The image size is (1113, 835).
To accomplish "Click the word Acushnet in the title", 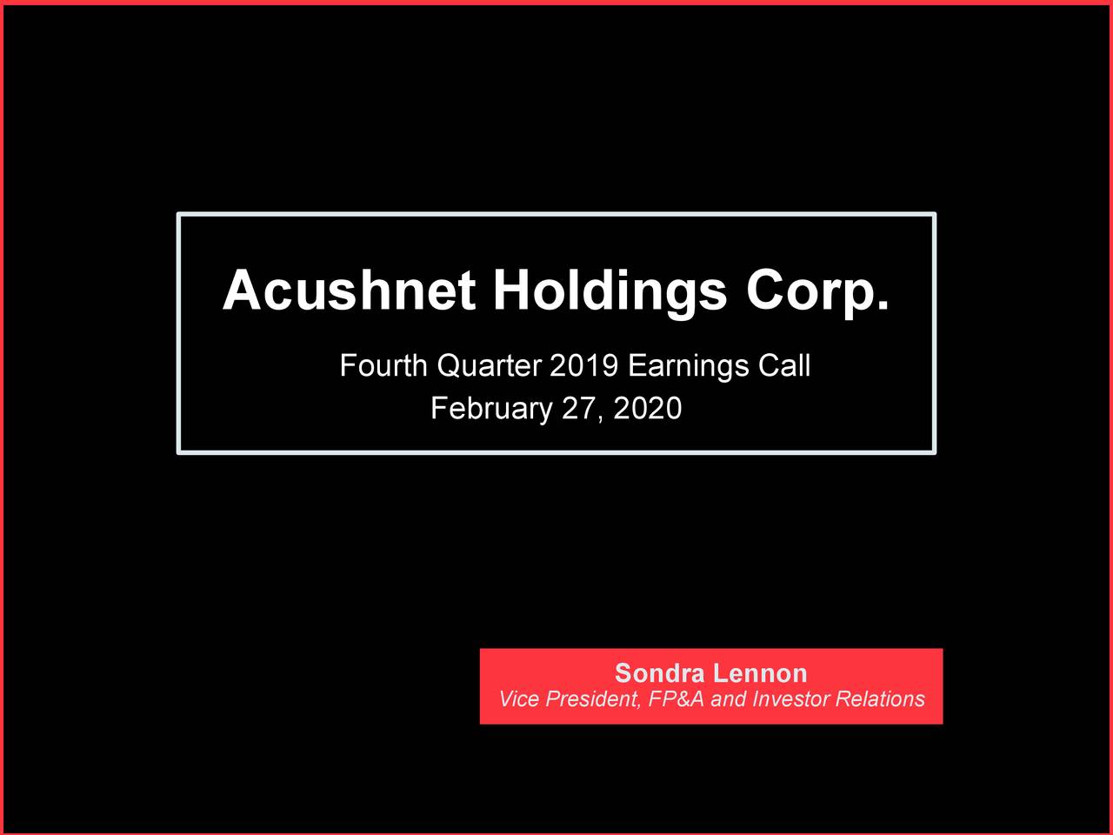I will point(349,291).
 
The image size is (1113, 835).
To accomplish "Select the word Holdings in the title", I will point(610,291).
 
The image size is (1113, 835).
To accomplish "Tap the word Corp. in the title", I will point(817,291).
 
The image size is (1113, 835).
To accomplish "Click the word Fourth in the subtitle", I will point(383,366).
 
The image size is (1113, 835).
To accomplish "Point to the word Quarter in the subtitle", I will point(489,366).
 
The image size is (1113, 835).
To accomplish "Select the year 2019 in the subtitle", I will point(583,366).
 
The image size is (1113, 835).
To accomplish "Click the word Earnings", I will point(688,366).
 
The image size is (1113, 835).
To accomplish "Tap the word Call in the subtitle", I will point(784,366).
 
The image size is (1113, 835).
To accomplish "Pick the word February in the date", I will point(491,409).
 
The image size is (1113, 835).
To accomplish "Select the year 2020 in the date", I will point(648,409).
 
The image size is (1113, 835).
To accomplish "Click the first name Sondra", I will point(659,673).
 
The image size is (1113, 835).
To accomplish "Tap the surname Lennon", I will point(760,673).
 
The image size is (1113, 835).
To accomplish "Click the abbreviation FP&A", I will point(676,699).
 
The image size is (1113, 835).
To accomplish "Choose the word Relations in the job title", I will point(880,699).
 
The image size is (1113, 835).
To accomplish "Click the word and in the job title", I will point(729,699).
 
